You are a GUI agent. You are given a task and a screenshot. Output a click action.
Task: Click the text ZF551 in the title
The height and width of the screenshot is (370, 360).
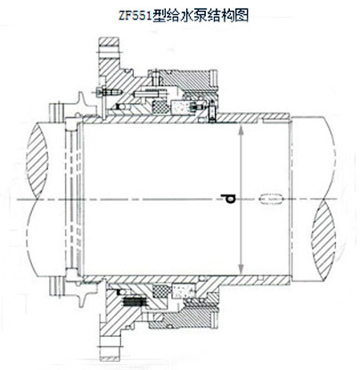click(135, 15)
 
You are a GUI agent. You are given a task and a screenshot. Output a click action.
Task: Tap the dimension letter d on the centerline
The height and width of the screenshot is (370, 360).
click(228, 199)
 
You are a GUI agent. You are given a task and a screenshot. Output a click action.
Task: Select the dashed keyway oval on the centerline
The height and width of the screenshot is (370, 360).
click(272, 199)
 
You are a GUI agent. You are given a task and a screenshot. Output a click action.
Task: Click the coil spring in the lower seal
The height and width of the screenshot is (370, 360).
click(134, 302)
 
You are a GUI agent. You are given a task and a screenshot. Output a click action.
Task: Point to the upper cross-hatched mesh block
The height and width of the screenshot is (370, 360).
click(160, 106)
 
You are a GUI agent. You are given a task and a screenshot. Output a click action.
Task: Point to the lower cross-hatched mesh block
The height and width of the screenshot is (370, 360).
click(160, 291)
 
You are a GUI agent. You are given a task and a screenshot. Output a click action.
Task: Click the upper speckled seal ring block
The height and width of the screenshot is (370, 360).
click(181, 107)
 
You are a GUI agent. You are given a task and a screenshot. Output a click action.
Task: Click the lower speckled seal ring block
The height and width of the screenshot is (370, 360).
click(182, 290)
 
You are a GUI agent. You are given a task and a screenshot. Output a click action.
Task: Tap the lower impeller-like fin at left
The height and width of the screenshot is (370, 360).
click(82, 294)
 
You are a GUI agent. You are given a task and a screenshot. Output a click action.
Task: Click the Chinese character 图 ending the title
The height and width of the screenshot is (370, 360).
click(242, 15)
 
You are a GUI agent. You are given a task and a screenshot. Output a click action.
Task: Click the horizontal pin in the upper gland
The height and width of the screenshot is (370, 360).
click(145, 94)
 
